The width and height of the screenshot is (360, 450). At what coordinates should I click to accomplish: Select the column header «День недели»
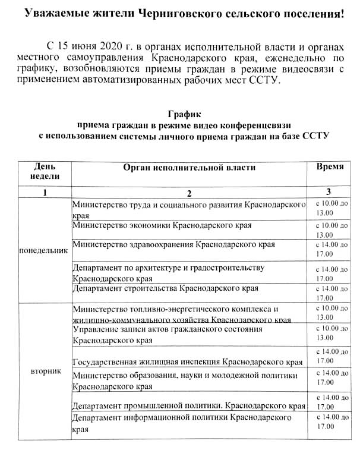click(45, 171)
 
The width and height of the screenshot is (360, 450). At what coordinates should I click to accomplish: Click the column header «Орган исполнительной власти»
click(188, 167)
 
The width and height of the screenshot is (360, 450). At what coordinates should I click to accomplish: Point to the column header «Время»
click(330, 166)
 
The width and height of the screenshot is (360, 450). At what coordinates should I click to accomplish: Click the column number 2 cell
click(188, 193)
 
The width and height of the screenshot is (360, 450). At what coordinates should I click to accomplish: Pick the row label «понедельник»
click(44, 250)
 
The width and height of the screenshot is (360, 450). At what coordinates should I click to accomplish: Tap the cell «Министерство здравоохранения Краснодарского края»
click(173, 244)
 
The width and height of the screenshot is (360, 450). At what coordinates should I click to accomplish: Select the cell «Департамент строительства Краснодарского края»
click(165, 288)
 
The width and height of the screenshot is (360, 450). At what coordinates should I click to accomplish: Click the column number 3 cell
click(329, 192)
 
